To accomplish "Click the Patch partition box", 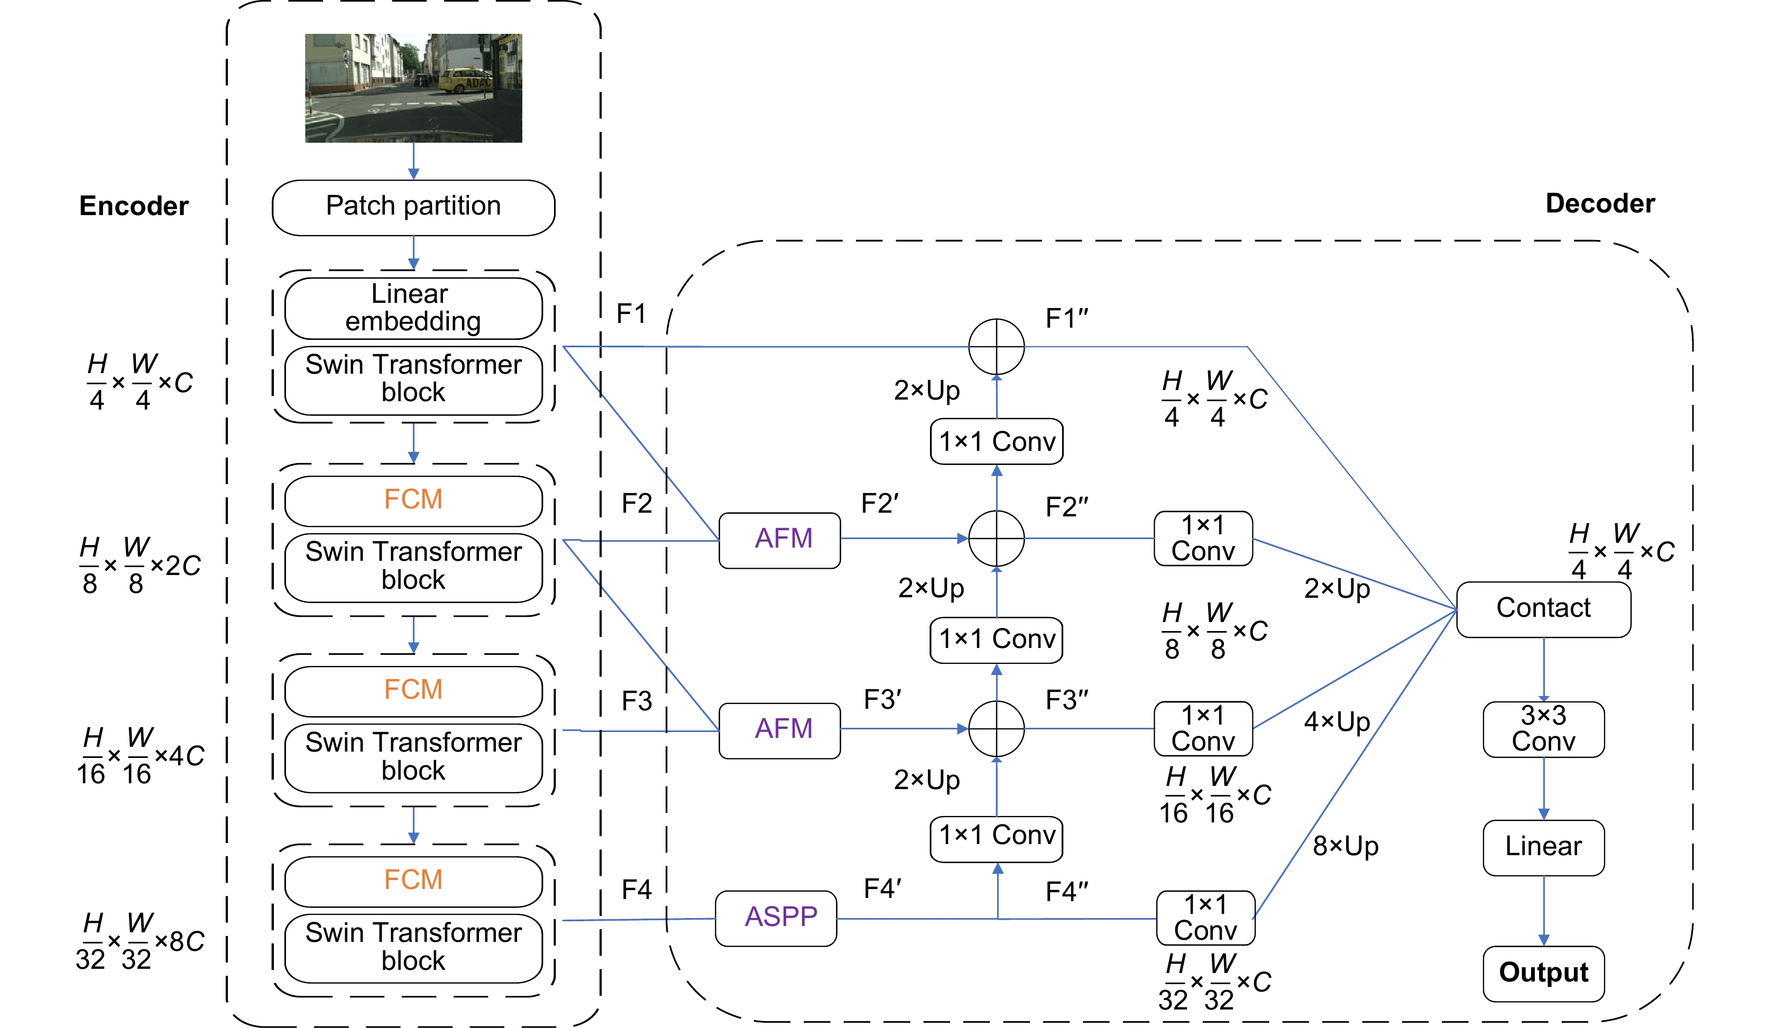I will point(413,207).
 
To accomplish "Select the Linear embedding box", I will point(413,308).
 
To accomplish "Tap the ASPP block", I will point(776,917).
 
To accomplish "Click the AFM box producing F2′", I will point(780,540).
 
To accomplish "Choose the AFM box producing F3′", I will point(780,730).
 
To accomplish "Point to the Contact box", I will point(1543,609).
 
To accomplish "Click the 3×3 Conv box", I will point(1543,729).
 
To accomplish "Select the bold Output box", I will point(1543,973).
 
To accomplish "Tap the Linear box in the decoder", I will point(1543,847).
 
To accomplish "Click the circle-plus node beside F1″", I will point(996,347).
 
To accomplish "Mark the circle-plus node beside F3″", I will point(996,728).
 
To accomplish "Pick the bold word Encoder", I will point(133,206).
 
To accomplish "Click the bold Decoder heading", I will point(1599,203).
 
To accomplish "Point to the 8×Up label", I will point(1345,846).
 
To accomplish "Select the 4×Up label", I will point(1337,722).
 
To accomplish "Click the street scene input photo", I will point(413,88).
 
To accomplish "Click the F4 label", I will point(637,890).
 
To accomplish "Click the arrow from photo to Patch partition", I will point(413,161).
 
